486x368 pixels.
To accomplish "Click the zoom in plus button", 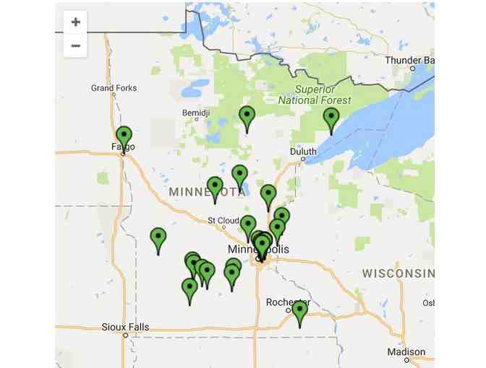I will point(75,22).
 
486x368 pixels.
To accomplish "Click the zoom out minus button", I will point(75,46).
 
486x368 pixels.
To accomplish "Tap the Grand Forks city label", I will point(114,88).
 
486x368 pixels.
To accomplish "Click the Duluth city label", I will point(303,152).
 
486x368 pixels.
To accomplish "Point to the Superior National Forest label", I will point(315,95).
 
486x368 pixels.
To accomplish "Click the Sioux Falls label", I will point(125,327).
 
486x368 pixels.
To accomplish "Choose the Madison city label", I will point(406,351).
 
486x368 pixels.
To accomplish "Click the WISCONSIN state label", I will point(398,273).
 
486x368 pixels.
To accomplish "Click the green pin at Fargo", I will point(124,136).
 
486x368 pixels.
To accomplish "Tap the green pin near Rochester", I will point(299,311).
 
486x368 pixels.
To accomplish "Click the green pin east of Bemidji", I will point(247,115).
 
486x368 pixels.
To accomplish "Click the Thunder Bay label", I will point(409,60).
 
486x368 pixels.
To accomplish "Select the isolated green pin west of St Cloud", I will point(158,237).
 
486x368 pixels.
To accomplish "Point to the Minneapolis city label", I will point(258,249).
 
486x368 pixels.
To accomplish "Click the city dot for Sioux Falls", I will point(125,336).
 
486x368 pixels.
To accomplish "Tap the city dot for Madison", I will point(406,359).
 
